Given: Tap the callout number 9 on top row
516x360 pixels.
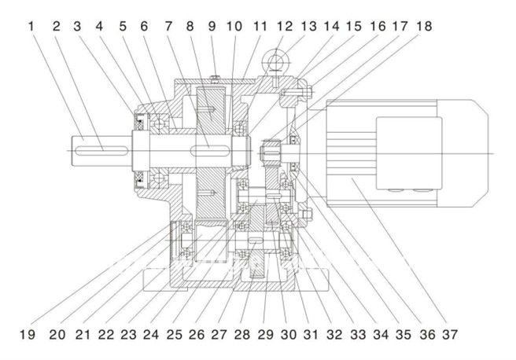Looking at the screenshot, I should [212, 26].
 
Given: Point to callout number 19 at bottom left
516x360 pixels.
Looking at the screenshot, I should [27, 335].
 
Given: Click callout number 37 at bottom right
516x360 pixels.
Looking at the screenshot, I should [449, 335].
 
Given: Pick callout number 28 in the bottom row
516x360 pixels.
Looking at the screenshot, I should [242, 335].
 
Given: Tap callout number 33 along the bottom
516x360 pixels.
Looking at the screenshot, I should [358, 335].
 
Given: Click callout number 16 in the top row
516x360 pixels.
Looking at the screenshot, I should [377, 26].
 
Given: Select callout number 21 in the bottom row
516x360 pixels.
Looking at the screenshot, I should [79, 335].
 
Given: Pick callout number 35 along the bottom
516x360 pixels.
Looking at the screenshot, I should [404, 335].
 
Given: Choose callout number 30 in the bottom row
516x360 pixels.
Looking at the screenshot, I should [289, 335].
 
